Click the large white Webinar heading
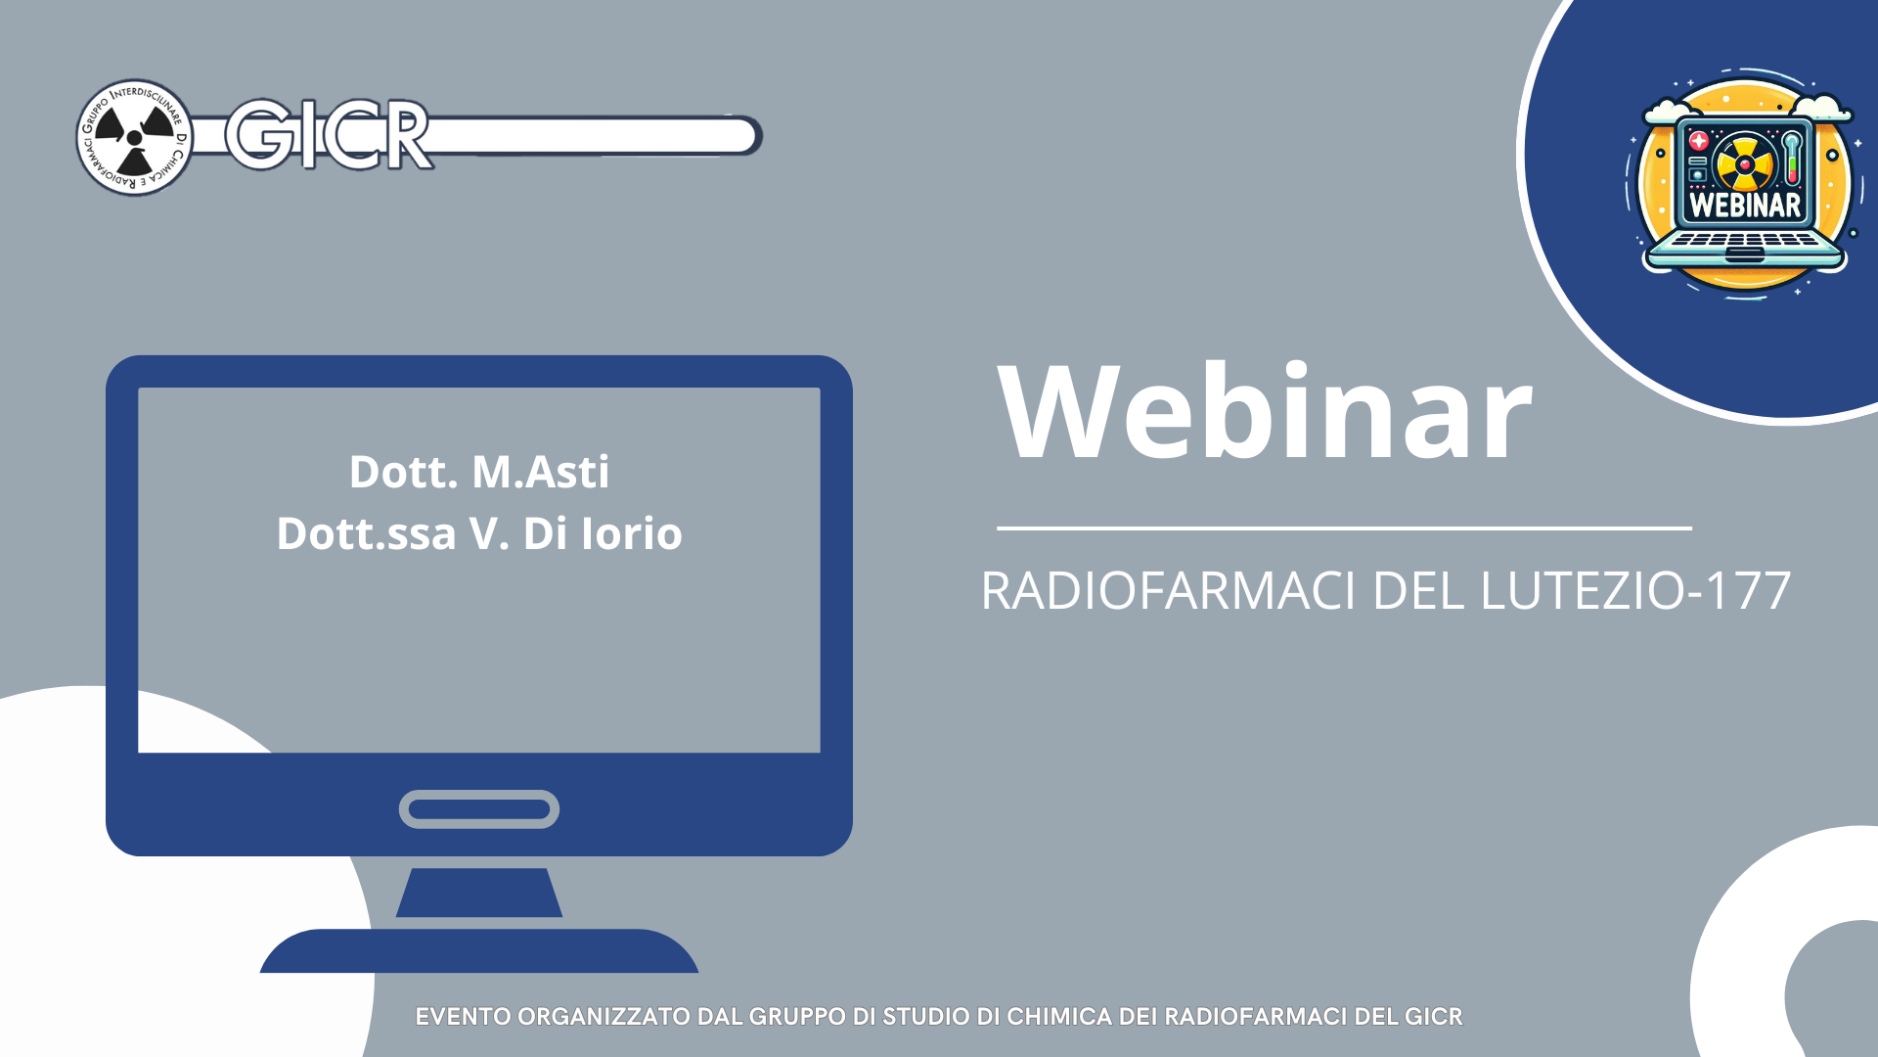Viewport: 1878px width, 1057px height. pos(1265,411)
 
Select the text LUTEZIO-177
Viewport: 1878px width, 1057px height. pos(1635,590)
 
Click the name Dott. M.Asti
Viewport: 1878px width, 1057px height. pos(479,472)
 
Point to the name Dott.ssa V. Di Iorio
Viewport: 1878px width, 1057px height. pos(479,533)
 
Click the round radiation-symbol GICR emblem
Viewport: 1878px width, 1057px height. pos(135,137)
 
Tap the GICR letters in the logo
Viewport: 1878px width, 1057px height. pos(329,135)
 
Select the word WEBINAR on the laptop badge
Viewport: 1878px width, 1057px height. pos(1745,205)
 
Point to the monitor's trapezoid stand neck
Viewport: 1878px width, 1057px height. pos(479,893)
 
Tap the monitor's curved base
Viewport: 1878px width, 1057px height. pos(479,951)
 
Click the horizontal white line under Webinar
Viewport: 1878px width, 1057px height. pos(1344,528)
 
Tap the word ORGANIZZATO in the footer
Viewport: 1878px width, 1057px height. pos(604,1017)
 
